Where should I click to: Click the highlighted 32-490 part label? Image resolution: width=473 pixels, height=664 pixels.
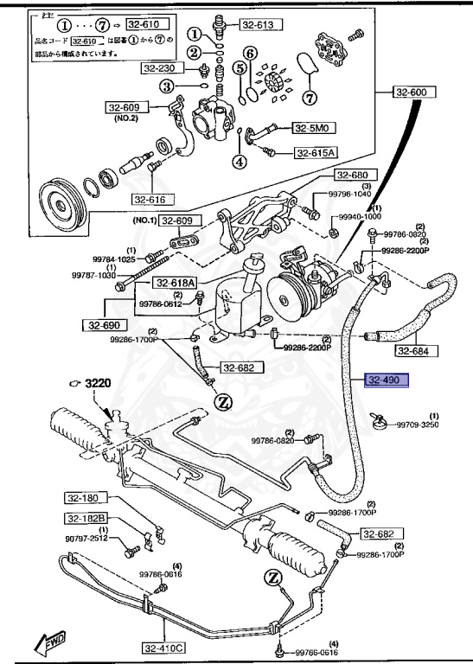point(386,380)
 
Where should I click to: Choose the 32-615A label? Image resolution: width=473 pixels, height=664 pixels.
point(316,153)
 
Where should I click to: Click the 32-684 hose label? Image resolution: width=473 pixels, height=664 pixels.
point(417,351)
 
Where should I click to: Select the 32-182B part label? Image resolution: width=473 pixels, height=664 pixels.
point(85,518)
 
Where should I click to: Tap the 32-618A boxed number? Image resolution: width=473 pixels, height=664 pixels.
point(176,283)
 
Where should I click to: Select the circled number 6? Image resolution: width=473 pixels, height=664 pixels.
point(249,53)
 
